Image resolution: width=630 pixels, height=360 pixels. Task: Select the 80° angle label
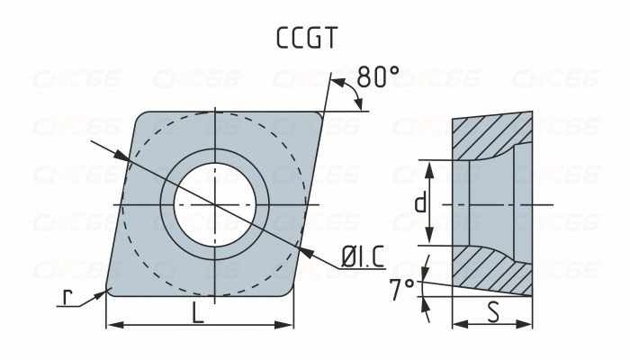[x=377, y=77]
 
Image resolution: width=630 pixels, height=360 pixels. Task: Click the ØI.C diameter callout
[x=362, y=258]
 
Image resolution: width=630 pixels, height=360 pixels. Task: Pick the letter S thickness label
[x=492, y=312]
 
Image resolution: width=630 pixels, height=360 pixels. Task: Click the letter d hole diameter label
[x=419, y=203]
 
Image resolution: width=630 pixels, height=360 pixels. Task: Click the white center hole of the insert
[x=215, y=204]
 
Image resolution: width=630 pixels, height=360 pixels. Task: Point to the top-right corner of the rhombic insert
[x=319, y=115]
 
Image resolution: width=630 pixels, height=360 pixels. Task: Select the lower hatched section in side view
[x=490, y=270]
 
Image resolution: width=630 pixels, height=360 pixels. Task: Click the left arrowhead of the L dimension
[x=112, y=325]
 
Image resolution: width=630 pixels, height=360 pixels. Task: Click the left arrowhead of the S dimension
[x=457, y=325]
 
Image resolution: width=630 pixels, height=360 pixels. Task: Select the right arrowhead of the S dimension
[x=526, y=325]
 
